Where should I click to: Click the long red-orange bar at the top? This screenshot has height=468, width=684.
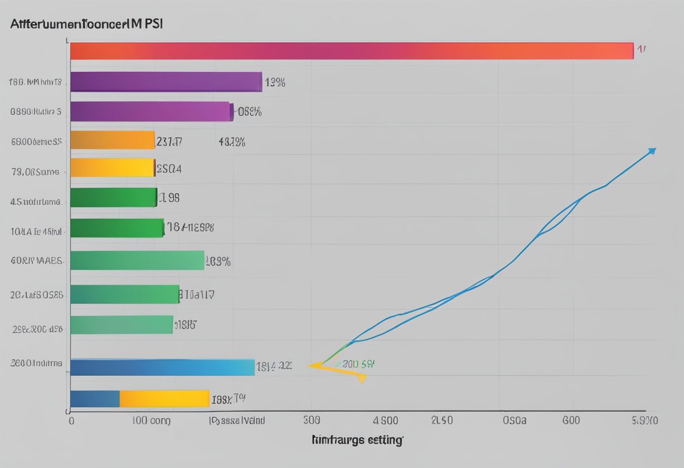pyautogui.click(x=352, y=51)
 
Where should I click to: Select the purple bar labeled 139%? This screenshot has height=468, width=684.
pyautogui.click(x=166, y=82)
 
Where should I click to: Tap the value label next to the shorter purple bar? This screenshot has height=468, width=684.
pyautogui.click(x=249, y=112)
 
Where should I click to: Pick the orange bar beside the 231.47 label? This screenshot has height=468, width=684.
pyautogui.click(x=112, y=140)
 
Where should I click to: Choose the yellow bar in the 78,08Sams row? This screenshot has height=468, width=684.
pyautogui.click(x=112, y=168)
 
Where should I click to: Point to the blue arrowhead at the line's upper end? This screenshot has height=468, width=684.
pyautogui.click(x=651, y=151)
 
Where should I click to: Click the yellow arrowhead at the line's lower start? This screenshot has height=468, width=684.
pyautogui.click(x=361, y=379)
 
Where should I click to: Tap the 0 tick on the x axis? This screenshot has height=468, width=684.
pyautogui.click(x=71, y=420)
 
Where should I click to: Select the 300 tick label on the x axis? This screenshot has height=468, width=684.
pyautogui.click(x=311, y=420)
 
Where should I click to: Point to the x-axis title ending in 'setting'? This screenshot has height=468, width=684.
pyautogui.click(x=357, y=440)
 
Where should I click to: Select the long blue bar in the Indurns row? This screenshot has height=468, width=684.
pyautogui.click(x=162, y=367)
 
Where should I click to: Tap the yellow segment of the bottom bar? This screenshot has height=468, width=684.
pyautogui.click(x=164, y=399)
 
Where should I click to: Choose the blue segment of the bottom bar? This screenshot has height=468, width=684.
pyautogui.click(x=95, y=399)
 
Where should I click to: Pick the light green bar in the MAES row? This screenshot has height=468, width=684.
pyautogui.click(x=137, y=260)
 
